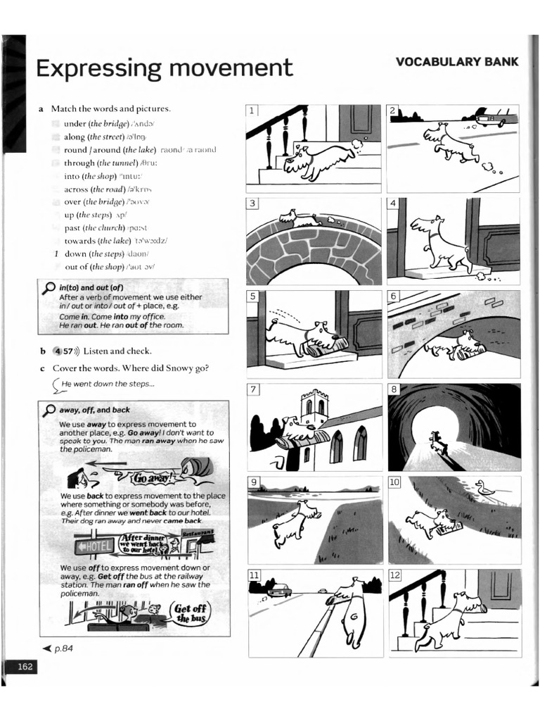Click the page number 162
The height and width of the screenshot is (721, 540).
26,667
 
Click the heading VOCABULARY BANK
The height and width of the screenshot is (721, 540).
457,62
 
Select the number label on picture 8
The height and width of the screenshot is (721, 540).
394,389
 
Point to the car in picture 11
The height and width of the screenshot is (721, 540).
279,589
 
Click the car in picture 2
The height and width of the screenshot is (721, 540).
490,119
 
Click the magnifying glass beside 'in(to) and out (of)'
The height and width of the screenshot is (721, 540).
49,288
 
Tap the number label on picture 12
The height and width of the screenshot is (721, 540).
394,575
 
